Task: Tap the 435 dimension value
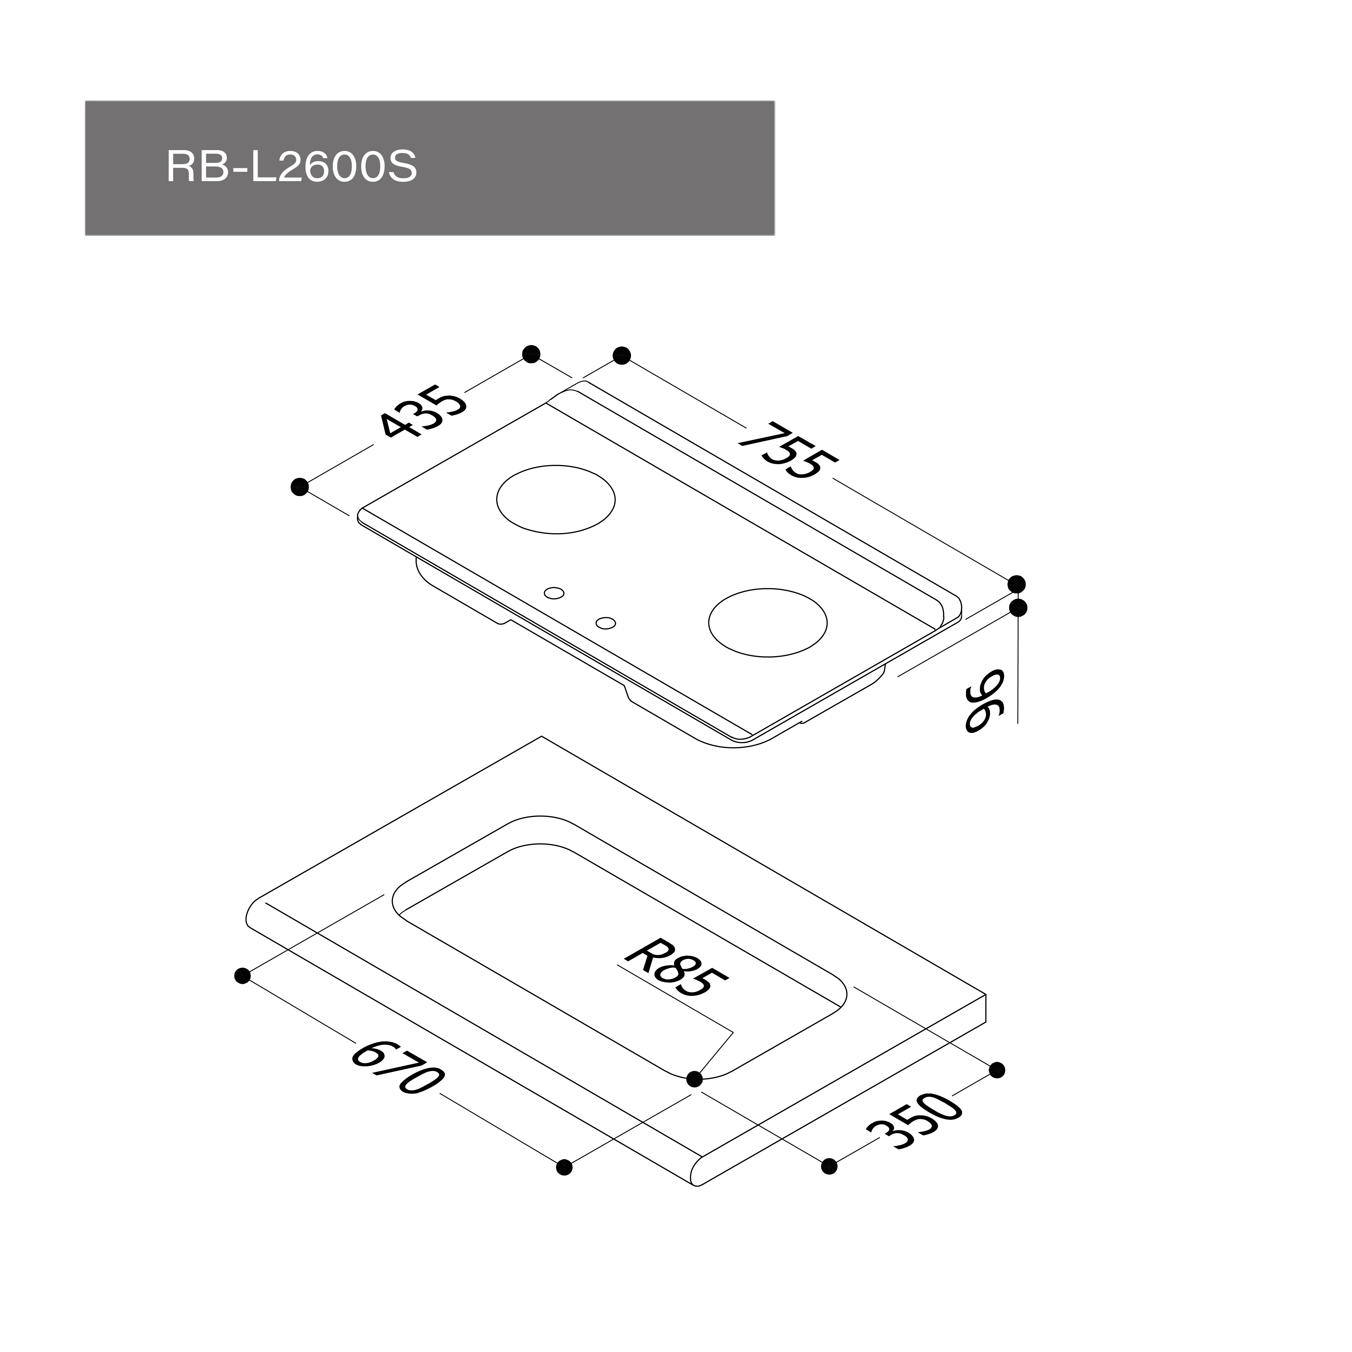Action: tap(422, 413)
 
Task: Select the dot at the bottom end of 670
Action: tap(564, 1167)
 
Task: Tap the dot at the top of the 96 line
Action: tap(1018, 607)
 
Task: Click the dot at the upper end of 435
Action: tap(531, 354)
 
